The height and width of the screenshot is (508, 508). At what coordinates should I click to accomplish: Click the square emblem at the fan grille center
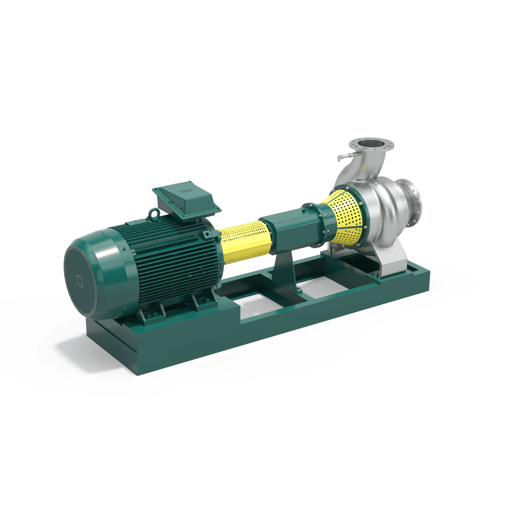coord(80,280)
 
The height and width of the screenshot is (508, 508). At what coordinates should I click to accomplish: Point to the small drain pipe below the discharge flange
coord(344,157)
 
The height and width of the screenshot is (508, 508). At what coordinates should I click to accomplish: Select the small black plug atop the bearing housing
coord(303,207)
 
